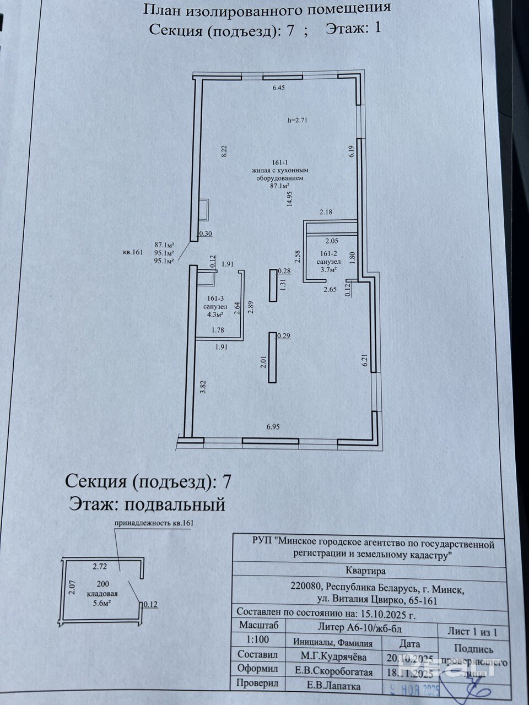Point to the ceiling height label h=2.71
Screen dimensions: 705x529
point(298,120)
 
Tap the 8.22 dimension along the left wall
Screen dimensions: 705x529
point(224,152)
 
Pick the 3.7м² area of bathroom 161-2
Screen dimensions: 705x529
point(326,269)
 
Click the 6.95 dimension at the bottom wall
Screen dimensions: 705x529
point(273,426)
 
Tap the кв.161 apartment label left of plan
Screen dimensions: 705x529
point(133,252)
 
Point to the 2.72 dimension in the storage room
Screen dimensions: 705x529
point(99,566)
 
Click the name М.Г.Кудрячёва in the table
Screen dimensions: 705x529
point(329,656)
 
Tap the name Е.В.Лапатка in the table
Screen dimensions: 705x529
point(331,686)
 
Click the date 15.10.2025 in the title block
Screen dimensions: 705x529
point(380,612)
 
